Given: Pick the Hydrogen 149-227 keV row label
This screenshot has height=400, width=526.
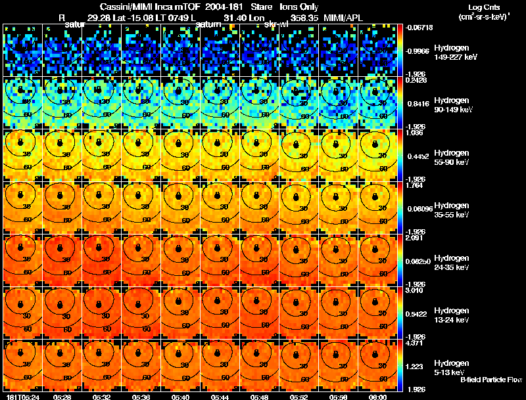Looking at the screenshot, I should [454, 53].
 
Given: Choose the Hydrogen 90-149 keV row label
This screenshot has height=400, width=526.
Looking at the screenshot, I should [454, 104].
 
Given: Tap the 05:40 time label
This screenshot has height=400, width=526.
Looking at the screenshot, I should [179, 396].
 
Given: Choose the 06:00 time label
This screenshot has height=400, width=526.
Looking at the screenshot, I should [377, 396].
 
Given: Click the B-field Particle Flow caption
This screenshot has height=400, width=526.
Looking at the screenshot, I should [490, 380].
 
